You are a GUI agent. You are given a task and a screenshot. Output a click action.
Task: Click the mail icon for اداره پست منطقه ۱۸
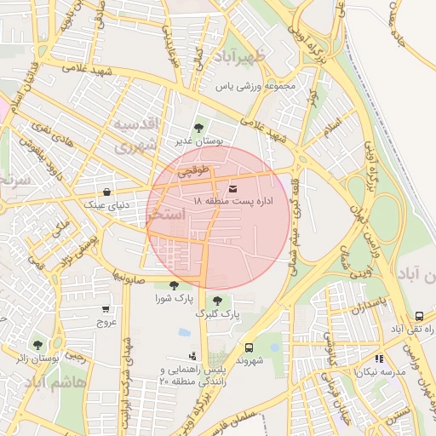tap(233, 187)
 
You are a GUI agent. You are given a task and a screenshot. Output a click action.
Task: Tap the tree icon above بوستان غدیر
tap(198, 128)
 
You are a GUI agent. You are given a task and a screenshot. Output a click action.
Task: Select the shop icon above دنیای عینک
tap(106, 192)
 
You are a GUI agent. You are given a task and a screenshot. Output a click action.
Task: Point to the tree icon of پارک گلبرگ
tap(218, 300)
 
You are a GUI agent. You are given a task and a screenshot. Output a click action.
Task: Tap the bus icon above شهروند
tap(249, 347)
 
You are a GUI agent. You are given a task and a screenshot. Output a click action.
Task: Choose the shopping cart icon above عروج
tap(106, 310)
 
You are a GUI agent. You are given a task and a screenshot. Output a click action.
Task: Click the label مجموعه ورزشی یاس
tap(255, 86)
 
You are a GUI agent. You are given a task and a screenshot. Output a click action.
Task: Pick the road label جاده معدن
tap(407, 26)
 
